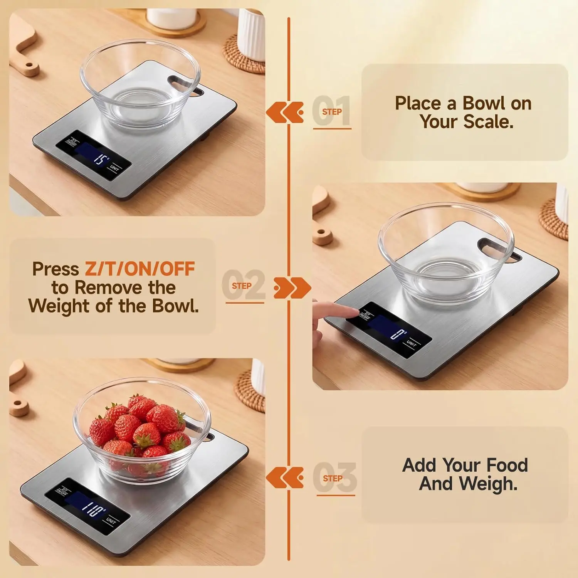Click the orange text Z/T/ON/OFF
[140, 269]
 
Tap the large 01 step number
[331, 111]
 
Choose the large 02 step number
[244, 285]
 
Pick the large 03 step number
[334, 478]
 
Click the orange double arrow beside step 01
[285, 112]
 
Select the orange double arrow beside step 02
[292, 287]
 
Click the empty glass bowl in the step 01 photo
[140, 82]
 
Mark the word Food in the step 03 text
[507, 465]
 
